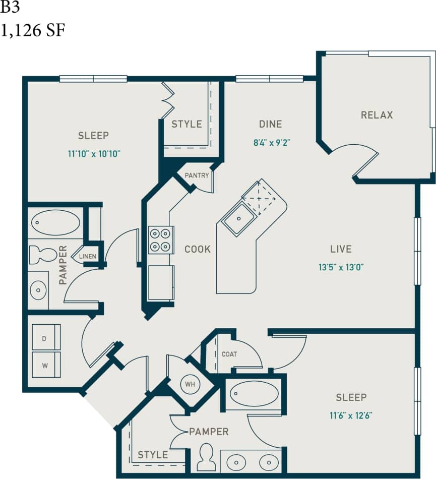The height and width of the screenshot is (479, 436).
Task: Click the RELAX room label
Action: coord(377,115)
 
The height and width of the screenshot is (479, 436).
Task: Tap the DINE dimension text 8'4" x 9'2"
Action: coord(272,143)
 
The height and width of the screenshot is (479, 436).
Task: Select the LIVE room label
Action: coord(341,249)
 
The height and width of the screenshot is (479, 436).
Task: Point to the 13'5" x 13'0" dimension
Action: coord(341,268)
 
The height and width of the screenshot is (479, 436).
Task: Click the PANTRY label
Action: coord(197,175)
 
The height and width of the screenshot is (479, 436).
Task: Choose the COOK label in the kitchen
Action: coord(197,249)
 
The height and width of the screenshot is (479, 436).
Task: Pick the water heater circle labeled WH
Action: coord(190,384)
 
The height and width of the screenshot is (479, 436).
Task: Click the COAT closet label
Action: coord(229,354)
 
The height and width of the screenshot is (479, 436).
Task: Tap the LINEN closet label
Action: coord(87,257)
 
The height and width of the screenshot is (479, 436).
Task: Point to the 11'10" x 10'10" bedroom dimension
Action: coord(94,154)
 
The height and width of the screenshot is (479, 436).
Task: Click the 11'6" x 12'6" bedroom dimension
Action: coord(351,416)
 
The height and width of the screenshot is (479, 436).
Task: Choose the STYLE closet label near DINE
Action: coord(186,124)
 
